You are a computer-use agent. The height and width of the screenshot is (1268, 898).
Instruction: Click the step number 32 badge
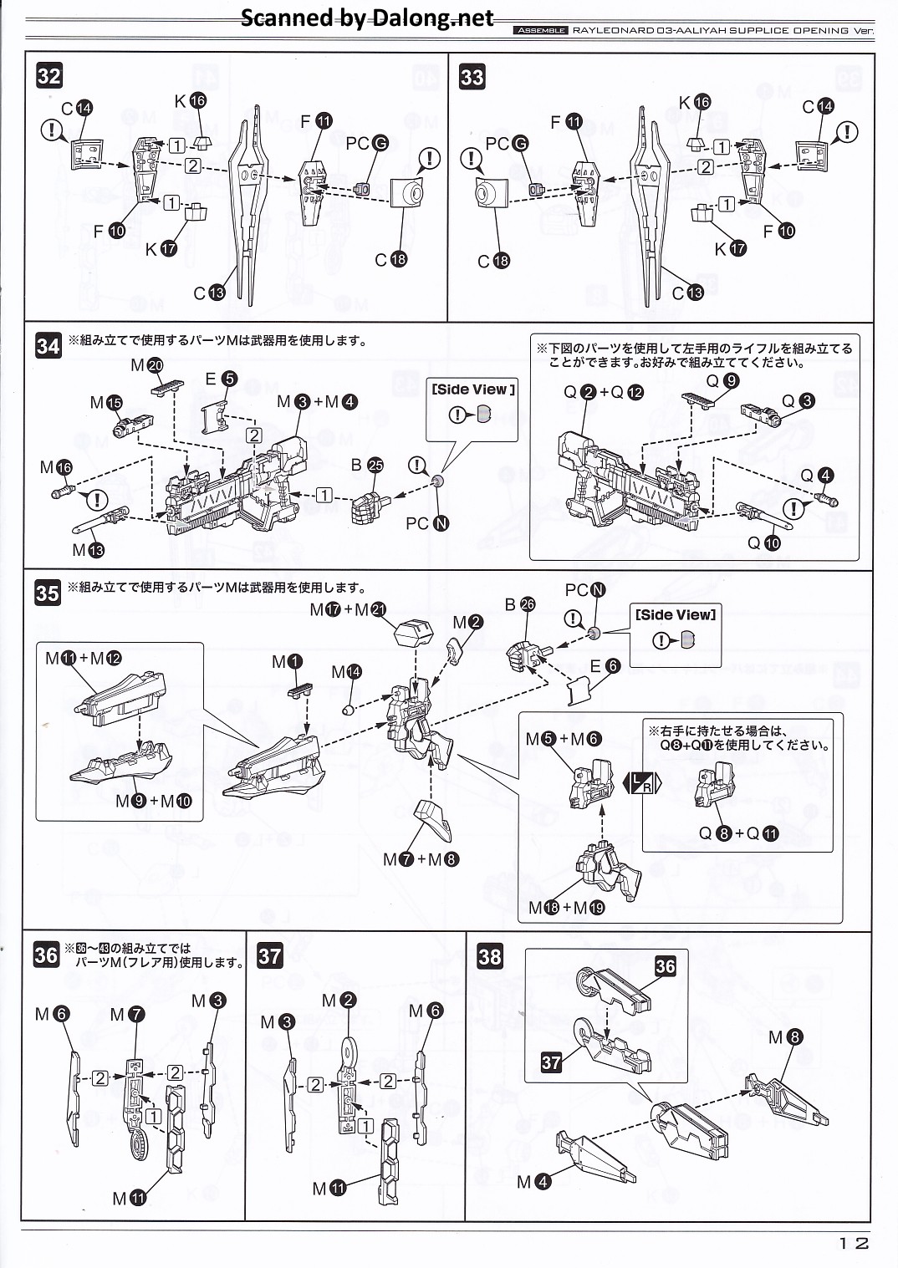click(49, 77)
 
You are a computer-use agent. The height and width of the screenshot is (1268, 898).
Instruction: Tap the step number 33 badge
click(472, 77)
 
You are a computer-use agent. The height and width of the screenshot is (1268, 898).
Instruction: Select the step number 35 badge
click(48, 593)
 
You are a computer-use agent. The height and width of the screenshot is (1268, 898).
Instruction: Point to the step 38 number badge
click(491, 955)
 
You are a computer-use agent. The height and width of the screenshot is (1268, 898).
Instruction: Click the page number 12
click(854, 1243)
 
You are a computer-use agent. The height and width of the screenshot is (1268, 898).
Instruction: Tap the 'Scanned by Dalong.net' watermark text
click(367, 18)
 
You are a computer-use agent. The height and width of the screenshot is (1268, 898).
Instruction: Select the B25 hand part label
click(366, 465)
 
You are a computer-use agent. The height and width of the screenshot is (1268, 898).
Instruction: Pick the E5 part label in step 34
click(221, 379)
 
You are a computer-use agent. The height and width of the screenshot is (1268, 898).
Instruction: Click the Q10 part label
click(763, 542)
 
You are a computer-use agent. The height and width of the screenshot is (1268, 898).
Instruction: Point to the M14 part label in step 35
click(346, 672)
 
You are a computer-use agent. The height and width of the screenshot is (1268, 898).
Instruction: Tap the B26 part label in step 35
click(519, 604)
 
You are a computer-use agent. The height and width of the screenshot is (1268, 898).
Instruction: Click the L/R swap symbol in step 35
click(642, 783)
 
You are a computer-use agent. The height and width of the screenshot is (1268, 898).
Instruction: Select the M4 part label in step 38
click(533, 1181)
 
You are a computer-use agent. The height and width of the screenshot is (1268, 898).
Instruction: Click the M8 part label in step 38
click(785, 1037)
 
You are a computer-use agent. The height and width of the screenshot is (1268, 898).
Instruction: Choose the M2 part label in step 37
click(339, 1001)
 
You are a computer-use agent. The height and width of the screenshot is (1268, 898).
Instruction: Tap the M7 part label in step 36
click(127, 1014)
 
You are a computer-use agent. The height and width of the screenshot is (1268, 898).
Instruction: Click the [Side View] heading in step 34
click(472, 390)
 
